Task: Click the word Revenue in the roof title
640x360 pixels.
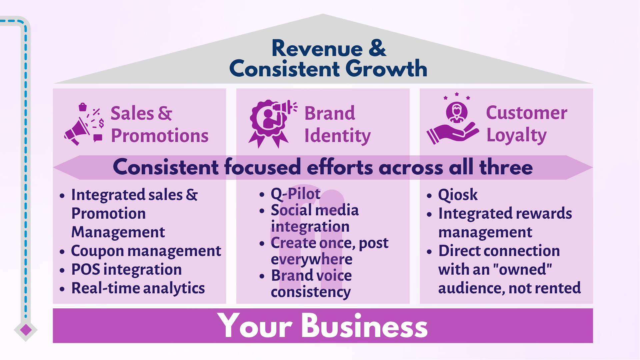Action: [x=317, y=49]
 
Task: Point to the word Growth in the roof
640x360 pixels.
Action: [x=386, y=69]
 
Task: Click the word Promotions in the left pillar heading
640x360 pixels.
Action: [x=160, y=136]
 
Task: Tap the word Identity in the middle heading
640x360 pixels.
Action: [x=337, y=136]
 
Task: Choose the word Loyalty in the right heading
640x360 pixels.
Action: [x=516, y=135]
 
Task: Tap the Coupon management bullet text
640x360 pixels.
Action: [x=146, y=251]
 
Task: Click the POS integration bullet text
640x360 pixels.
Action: [x=127, y=269]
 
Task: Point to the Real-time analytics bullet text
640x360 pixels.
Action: [x=138, y=288]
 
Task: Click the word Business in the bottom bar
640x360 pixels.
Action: [x=364, y=326]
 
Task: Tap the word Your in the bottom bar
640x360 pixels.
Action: [x=255, y=326]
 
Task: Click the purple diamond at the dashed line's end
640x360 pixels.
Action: [x=26, y=330]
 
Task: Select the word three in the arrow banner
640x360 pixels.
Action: [x=506, y=167]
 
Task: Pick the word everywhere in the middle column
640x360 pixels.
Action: [x=312, y=259]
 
